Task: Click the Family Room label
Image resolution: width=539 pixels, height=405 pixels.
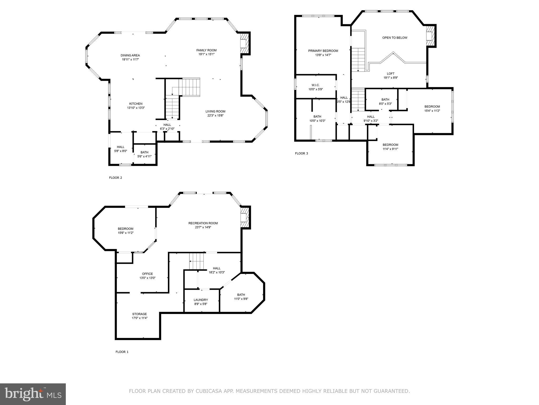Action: (x=206, y=50)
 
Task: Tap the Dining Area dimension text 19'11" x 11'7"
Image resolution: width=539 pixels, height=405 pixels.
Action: (x=130, y=60)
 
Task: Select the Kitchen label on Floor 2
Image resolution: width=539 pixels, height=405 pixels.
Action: (x=136, y=104)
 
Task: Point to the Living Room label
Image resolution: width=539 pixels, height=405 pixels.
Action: (x=215, y=111)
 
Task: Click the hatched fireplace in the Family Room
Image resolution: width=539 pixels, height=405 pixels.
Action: (x=244, y=43)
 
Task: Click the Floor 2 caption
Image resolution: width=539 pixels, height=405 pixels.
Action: (x=116, y=178)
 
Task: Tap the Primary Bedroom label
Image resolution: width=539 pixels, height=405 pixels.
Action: (x=323, y=51)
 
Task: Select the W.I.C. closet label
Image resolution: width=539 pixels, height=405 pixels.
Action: (x=315, y=85)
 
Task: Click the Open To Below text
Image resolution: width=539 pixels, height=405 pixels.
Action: (x=395, y=38)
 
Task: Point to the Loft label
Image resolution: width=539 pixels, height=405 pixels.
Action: (x=391, y=74)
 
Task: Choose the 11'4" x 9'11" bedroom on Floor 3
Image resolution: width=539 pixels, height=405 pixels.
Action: (x=390, y=147)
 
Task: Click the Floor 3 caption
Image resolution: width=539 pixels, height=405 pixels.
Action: (x=301, y=153)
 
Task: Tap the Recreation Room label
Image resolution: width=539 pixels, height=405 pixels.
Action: (x=203, y=223)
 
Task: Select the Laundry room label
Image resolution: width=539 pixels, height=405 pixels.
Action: (x=201, y=300)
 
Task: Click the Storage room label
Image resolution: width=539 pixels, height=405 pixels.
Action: (x=139, y=314)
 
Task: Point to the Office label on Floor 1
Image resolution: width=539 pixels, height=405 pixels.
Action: (x=147, y=274)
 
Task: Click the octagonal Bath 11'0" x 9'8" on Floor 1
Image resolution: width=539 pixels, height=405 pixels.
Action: (x=241, y=297)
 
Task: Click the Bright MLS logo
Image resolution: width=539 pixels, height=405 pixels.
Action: (x=33, y=394)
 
